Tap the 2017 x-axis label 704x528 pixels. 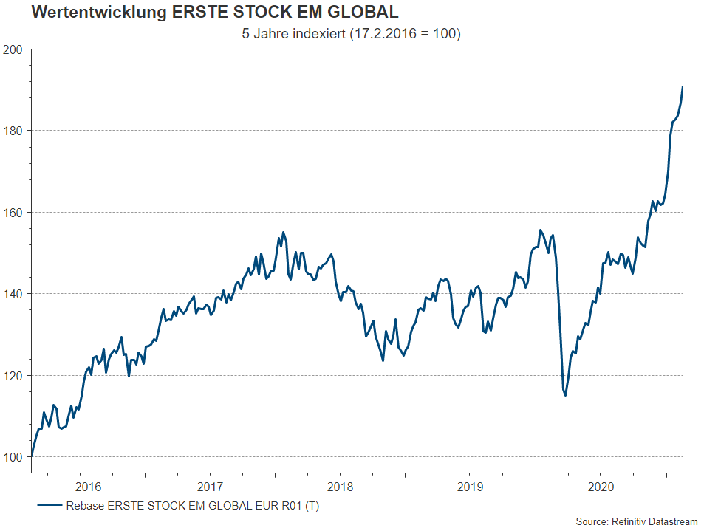click(x=210, y=487)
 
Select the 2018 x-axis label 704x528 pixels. click(x=340, y=487)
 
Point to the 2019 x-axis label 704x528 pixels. click(x=470, y=487)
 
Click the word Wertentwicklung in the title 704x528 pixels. click(x=89, y=13)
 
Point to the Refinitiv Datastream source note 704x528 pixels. click(x=637, y=521)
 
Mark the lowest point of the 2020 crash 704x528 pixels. click(x=566, y=395)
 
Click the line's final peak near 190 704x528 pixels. click(x=682, y=87)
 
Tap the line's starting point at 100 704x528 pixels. click(x=31, y=456)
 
